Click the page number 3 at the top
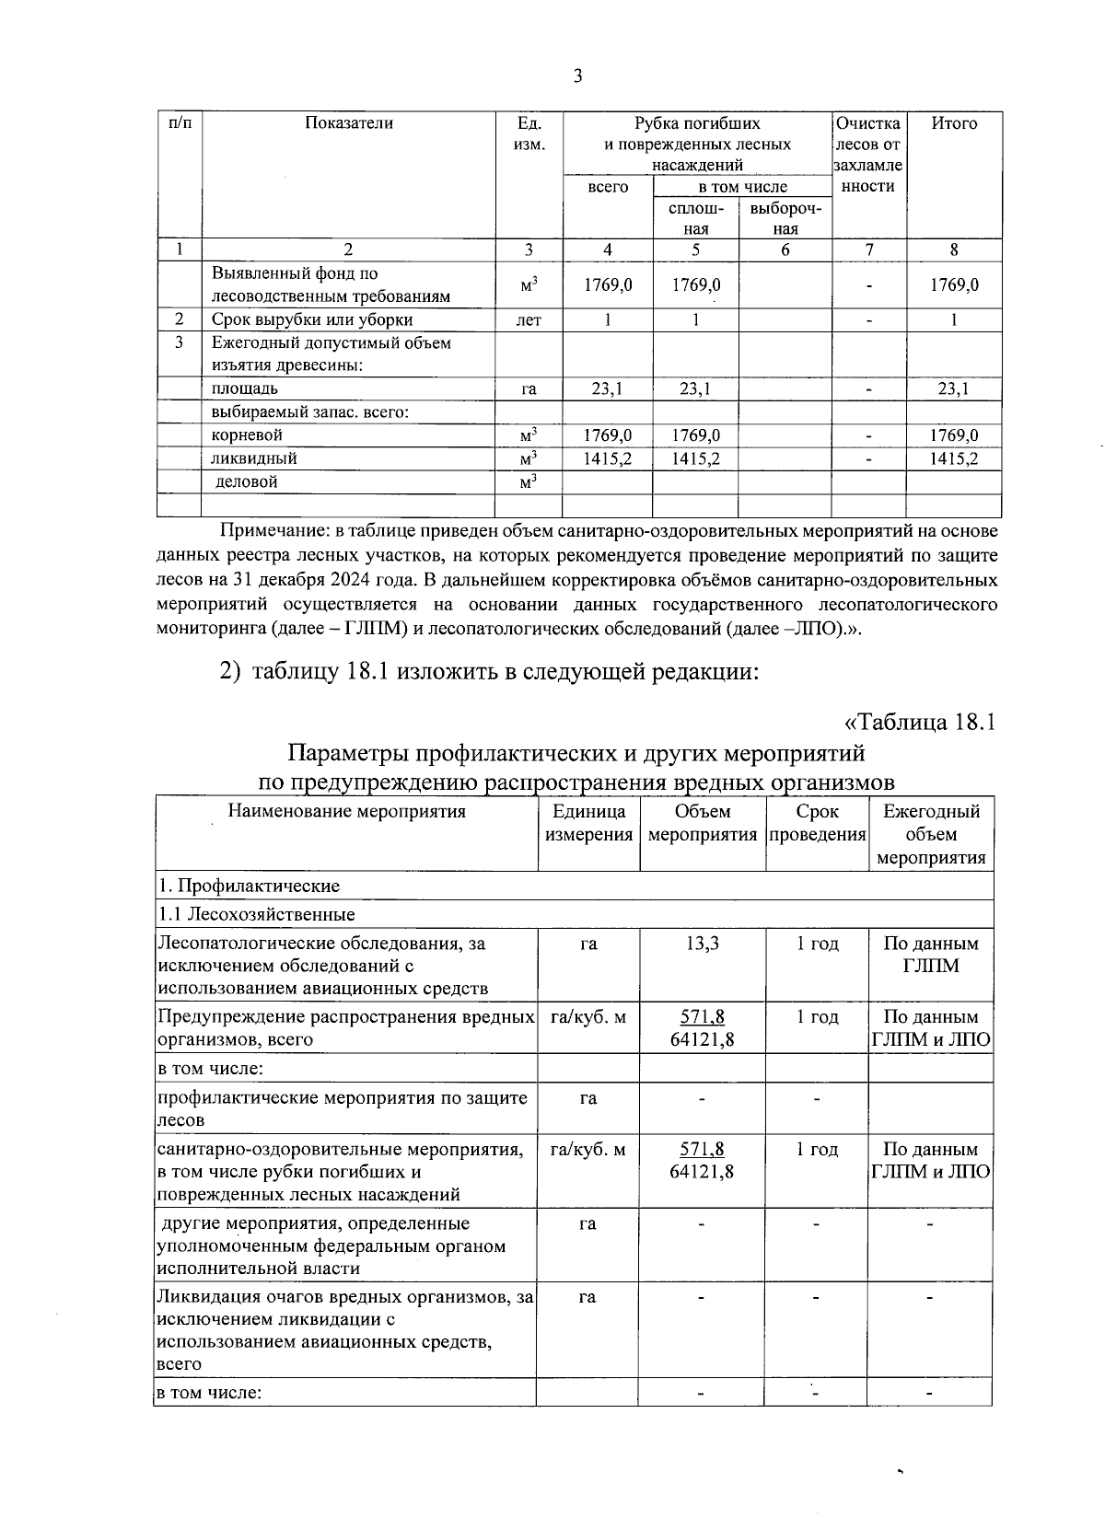[x=577, y=76]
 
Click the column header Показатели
[x=349, y=123]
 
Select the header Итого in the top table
[x=954, y=123]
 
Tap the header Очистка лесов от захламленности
[x=867, y=155]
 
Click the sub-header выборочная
[x=785, y=218]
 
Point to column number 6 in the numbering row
[x=785, y=249]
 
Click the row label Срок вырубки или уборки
[x=312, y=319]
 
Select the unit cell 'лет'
[x=529, y=320]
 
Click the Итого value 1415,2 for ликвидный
[x=953, y=458]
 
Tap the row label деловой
[x=246, y=481]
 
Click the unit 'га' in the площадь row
[x=529, y=389]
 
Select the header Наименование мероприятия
[x=346, y=812]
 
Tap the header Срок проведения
[x=817, y=823]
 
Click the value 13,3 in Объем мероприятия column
[x=702, y=944]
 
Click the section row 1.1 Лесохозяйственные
[x=257, y=914]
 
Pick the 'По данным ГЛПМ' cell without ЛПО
[x=930, y=955]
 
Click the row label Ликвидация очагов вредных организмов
[x=345, y=1297]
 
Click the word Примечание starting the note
[x=273, y=532]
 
